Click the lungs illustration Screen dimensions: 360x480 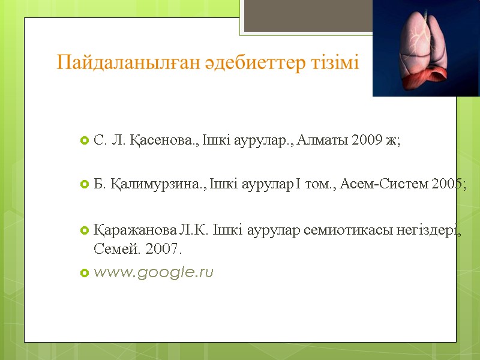click(x=425, y=48)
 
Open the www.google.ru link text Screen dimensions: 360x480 click(x=154, y=273)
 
